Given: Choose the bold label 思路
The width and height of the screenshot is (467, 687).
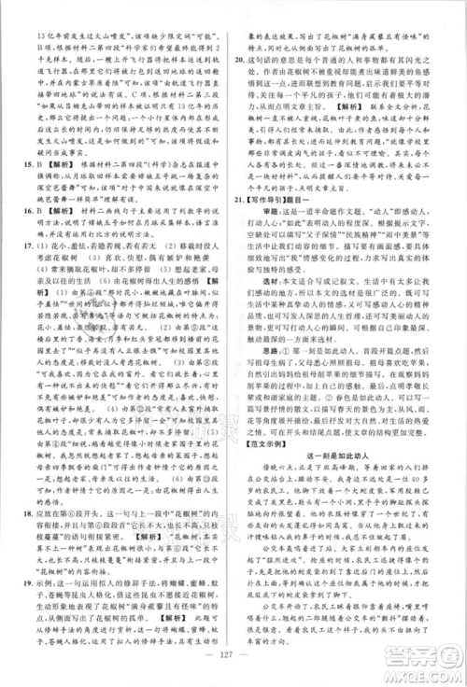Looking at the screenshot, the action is [x=264, y=419].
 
